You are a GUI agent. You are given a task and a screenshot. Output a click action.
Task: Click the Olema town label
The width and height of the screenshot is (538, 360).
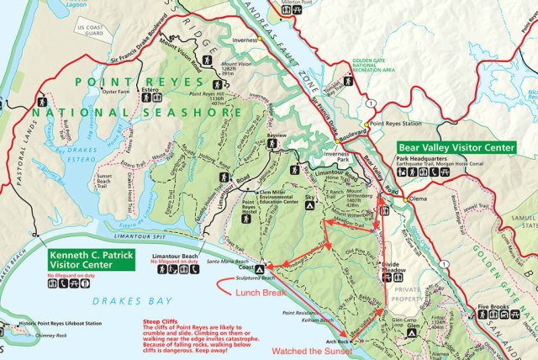[x=418, y=199]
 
